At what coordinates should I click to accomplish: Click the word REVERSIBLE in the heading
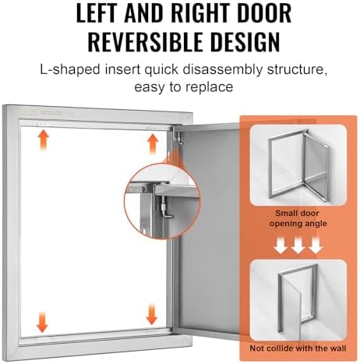pos(146,41)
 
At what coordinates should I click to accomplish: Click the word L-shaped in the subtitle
pos(70,70)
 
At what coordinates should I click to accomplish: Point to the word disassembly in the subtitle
pos(223,70)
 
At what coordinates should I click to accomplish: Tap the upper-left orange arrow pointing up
pos(43,140)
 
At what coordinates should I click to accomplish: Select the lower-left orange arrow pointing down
pos(42,322)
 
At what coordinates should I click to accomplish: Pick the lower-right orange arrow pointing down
pos(151,315)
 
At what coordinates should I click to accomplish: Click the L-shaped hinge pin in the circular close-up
pos(165,208)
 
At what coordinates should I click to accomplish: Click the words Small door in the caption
pos(297,214)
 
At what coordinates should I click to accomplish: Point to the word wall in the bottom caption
pos(337,348)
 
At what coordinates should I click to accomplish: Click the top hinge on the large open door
pos(179,137)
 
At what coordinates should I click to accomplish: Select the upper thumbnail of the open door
pos(298,165)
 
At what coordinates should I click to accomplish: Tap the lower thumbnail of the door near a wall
pos(298,300)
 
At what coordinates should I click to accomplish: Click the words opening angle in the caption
pos(298,224)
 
